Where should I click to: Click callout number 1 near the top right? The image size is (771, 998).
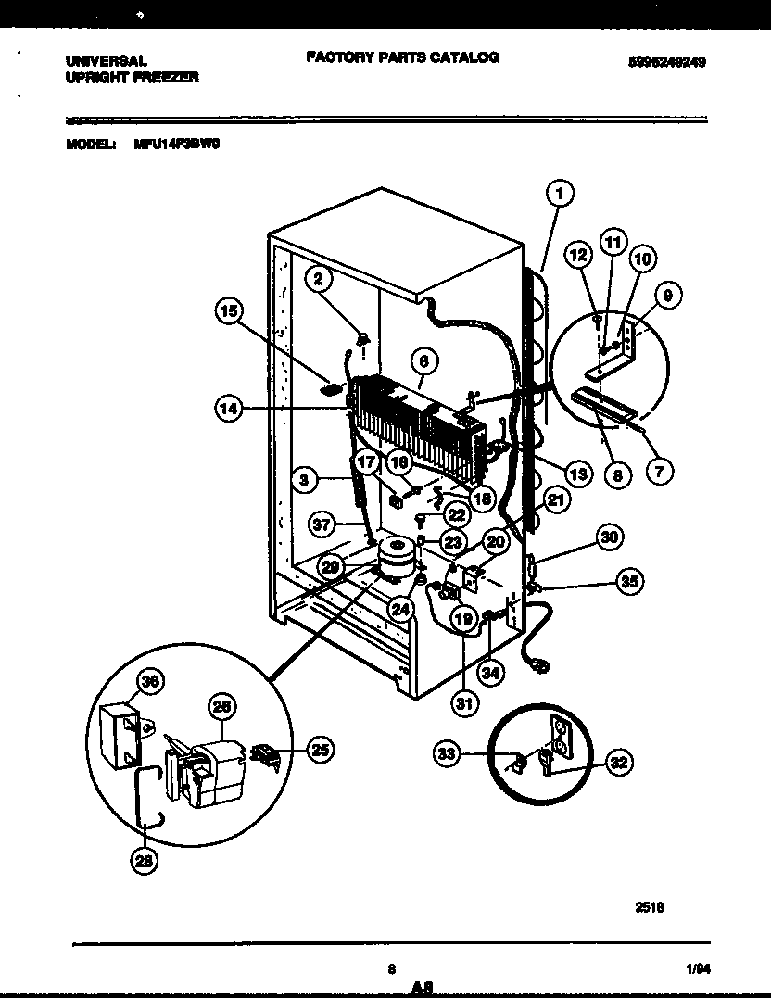coord(559,193)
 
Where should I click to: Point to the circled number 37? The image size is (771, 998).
coord(321,524)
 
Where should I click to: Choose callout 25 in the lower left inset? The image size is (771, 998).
coord(319,751)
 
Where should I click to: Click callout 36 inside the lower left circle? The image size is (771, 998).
coord(146,682)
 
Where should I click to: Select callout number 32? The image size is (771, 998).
coord(618,763)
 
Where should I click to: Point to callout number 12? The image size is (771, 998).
coord(578,254)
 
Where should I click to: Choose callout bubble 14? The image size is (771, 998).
coord(229,408)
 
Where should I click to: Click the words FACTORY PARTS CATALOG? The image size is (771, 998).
coord(402,57)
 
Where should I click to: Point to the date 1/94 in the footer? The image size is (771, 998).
coord(699,969)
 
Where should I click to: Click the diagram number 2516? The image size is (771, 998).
coord(649,908)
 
